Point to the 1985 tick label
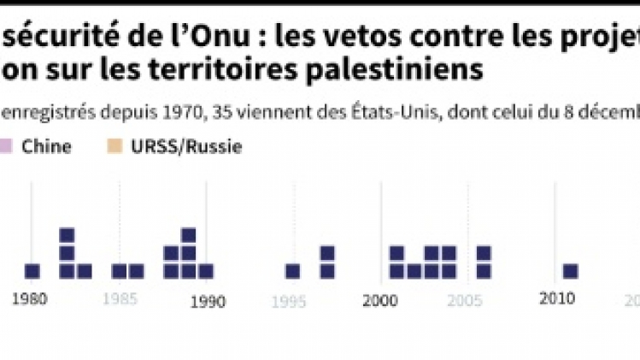[x=120, y=300]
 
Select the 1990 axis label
[x=207, y=300]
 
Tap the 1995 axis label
[x=293, y=300]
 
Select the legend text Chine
[x=48, y=146]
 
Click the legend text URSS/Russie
[x=187, y=146]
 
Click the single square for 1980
[x=32, y=271]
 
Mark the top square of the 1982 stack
[x=68, y=235]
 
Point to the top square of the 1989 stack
[x=189, y=235]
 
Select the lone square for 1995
[x=293, y=271]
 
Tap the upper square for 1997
[x=327, y=253]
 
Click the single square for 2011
[x=571, y=271]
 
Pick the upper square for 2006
[x=484, y=253]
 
